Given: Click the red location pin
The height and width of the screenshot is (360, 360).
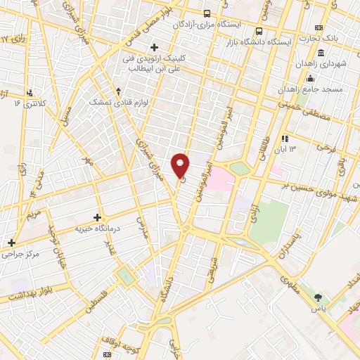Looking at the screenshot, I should click(x=181, y=165).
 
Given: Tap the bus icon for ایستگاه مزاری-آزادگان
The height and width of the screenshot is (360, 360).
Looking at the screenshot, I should click(x=207, y=13).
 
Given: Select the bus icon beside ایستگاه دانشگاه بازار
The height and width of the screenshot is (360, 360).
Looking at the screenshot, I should click(x=259, y=31).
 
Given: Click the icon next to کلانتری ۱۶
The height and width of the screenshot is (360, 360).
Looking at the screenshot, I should click(x=29, y=92).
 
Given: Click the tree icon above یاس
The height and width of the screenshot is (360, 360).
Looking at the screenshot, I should click(x=319, y=298).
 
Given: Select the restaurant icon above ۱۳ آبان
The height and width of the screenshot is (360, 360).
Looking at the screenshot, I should click(x=285, y=139).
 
